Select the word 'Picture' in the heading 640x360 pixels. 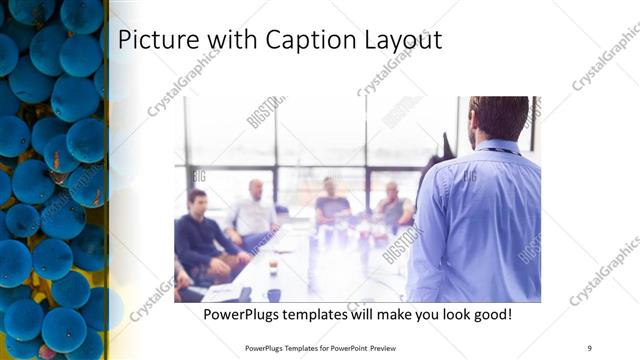(x=153, y=41)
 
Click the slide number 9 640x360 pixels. (x=589, y=347)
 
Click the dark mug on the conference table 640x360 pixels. (x=274, y=294)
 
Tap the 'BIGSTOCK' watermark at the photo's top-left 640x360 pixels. (x=265, y=112)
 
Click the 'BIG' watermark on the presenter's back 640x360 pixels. (x=497, y=178)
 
